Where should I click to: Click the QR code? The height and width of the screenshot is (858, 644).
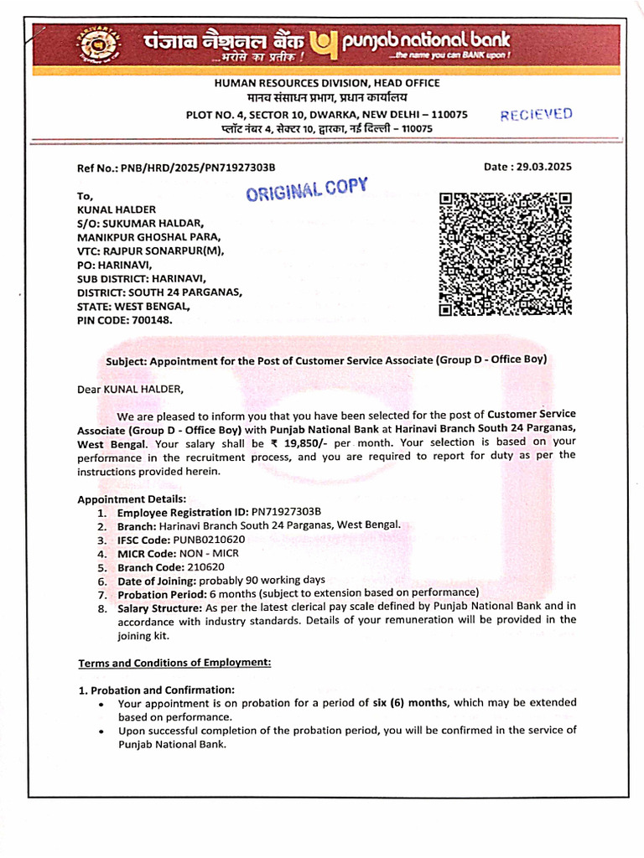click(x=506, y=255)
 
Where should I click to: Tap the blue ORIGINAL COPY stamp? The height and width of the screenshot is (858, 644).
click(x=307, y=190)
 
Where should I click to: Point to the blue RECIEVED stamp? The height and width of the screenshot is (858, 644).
click(x=537, y=115)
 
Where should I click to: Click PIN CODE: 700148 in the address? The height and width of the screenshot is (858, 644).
click(x=124, y=319)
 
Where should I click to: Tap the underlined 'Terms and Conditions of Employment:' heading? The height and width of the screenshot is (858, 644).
click(x=175, y=663)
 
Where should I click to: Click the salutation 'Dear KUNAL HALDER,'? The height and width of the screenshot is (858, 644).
click(x=130, y=389)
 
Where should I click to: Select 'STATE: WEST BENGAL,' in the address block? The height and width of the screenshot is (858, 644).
click(x=134, y=306)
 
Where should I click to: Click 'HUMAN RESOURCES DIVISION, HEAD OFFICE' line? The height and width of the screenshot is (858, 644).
click(x=327, y=83)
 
